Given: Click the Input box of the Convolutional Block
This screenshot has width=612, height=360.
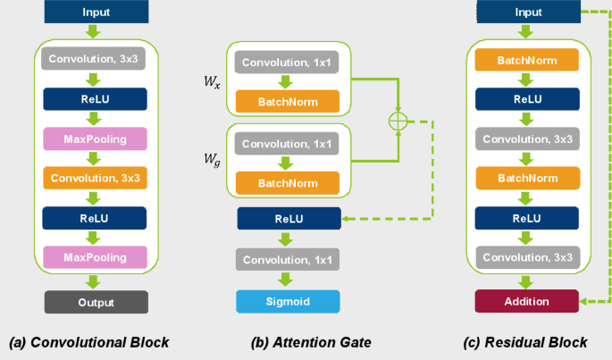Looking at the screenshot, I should tap(96, 13).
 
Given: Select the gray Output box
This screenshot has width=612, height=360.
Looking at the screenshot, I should tap(96, 301).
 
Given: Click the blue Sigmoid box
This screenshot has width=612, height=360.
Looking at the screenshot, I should tap(289, 302).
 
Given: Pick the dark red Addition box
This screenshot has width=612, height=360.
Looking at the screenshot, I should tap(526, 301).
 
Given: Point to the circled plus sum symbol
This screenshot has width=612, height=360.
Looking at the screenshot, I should tap(397, 121).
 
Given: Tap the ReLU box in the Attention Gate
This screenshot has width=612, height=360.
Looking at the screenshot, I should tap(289, 218).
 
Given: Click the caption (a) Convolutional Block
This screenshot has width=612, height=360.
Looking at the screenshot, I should tap(88, 342).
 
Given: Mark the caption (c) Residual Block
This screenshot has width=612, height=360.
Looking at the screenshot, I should tap(525, 342).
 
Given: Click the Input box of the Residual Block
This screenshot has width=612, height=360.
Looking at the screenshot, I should tap(526, 13).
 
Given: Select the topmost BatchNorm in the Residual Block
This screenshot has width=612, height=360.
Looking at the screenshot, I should tap(526, 61).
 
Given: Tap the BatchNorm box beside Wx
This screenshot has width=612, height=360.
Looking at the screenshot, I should tap(289, 102).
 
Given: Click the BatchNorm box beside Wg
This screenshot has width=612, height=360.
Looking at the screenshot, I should tap(289, 182).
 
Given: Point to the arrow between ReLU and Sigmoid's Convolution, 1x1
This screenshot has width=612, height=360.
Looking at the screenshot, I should tap(289, 239).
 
